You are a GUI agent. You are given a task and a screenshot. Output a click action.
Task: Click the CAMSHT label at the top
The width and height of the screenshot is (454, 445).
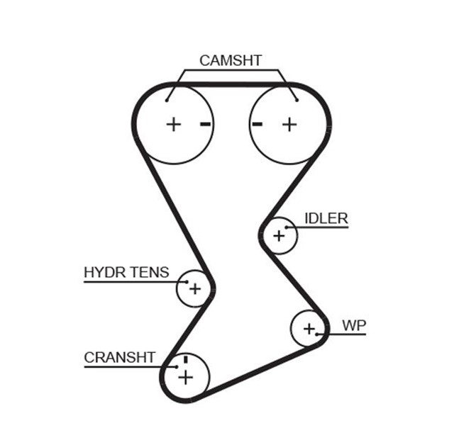click(x=230, y=60)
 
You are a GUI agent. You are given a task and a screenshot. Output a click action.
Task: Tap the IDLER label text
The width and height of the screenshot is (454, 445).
click(x=326, y=218)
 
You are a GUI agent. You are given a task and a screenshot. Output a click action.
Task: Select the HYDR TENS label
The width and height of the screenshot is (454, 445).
click(x=126, y=272)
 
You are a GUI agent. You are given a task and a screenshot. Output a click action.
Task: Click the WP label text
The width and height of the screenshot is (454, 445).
click(x=354, y=326)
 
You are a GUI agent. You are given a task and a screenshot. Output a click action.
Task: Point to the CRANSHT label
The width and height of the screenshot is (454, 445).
click(x=119, y=358)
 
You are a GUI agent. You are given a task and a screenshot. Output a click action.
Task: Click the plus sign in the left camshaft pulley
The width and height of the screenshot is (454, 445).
click(x=174, y=125)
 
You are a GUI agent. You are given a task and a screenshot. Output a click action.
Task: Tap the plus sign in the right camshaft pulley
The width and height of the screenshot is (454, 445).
click(x=289, y=124)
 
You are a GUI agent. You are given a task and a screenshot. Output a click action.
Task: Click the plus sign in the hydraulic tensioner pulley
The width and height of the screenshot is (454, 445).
click(x=194, y=289)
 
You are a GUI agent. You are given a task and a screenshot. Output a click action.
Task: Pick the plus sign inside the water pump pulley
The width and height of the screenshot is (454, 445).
click(x=309, y=328)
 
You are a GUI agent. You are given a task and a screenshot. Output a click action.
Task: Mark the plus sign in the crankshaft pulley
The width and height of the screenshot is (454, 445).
click(x=185, y=376)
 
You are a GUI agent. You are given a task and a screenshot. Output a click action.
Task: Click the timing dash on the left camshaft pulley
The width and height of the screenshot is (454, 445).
click(x=206, y=125)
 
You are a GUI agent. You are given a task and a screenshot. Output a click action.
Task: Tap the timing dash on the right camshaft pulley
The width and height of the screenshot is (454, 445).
click(x=257, y=124)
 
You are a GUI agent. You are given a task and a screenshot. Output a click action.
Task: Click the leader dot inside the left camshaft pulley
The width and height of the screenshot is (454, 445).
click(x=168, y=100)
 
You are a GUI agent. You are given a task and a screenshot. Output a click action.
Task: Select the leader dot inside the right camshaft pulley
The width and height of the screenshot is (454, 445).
click(x=296, y=100)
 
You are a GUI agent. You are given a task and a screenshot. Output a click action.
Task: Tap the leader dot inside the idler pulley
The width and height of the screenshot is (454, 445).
click(x=287, y=227)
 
